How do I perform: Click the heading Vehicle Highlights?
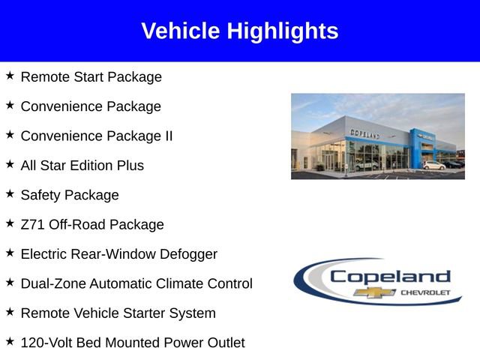[240, 31]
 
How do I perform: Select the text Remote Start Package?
[91, 76]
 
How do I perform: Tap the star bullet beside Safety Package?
[10, 193]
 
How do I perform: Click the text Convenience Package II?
[96, 136]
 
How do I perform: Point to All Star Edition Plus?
[82, 165]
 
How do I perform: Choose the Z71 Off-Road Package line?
[91, 224]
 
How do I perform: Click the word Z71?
[33, 224]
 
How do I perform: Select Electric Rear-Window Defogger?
[118, 254]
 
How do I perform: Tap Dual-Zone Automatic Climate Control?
[136, 283]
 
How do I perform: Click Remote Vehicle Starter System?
[118, 313]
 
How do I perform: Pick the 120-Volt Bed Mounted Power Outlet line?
[132, 343]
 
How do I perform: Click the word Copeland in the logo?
[390, 276]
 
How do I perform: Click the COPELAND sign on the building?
[365, 133]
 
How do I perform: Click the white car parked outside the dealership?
[433, 164]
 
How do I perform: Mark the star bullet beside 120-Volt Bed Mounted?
[10, 341]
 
